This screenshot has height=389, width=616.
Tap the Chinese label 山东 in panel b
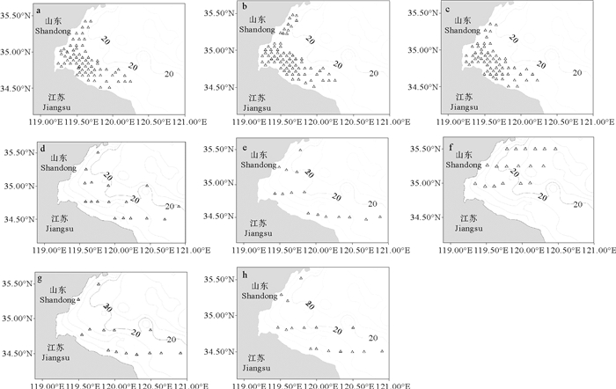(x=258, y=18)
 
